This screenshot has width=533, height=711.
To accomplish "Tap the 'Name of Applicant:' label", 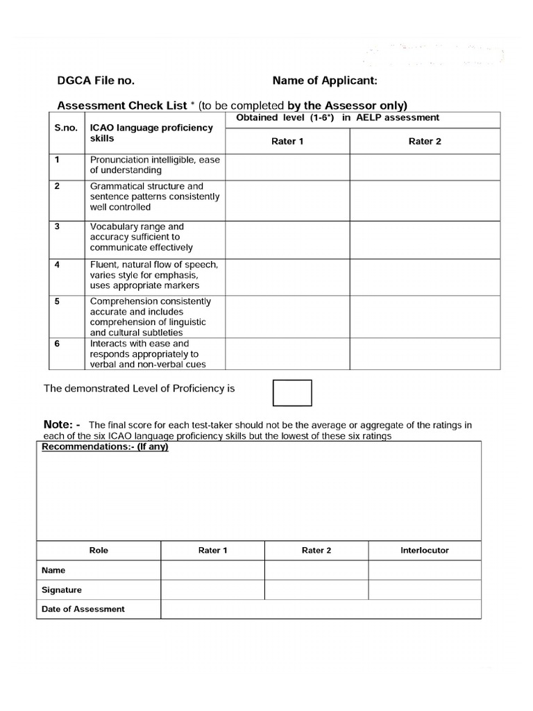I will [325, 81].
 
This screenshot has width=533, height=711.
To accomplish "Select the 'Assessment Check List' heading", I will [121, 106].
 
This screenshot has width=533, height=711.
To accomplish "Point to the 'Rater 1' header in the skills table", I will [287, 142].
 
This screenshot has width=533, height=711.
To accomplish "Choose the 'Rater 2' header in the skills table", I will [425, 142].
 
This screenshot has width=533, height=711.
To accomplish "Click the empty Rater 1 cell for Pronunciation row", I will [287, 167].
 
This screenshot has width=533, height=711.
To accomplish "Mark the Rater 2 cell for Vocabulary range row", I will [425, 240].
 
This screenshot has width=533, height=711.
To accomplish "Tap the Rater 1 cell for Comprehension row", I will [287, 317].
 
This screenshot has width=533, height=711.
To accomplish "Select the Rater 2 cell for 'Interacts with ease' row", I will [425, 353].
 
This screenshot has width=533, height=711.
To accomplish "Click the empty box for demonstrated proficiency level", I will [292, 392].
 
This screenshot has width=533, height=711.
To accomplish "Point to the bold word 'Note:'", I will [62, 424].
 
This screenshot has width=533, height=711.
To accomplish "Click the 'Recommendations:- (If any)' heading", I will [105, 446].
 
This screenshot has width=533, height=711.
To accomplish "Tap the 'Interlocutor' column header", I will [425, 550].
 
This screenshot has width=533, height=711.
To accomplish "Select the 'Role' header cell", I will [99, 550].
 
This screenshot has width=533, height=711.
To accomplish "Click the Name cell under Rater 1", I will [212, 570].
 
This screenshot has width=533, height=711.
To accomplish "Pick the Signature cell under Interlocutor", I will [425, 589].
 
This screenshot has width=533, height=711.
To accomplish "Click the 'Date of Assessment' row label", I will [83, 609].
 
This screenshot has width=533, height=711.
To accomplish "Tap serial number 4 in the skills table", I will [57, 265].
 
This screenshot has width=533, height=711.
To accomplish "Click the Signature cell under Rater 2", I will [316, 589].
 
